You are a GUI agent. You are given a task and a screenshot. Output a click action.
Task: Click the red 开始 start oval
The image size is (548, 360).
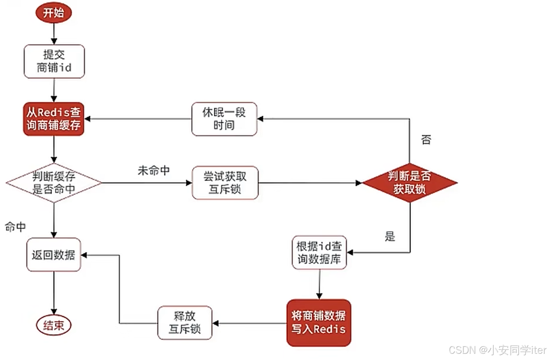[x=54, y=13]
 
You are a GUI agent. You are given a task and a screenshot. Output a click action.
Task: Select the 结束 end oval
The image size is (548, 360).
[x=54, y=325]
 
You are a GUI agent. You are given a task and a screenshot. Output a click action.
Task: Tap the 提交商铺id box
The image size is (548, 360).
[x=54, y=61]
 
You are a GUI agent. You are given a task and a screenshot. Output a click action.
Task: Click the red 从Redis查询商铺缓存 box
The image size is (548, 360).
[x=54, y=119]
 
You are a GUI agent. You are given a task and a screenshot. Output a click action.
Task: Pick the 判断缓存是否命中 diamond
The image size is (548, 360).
[x=54, y=183]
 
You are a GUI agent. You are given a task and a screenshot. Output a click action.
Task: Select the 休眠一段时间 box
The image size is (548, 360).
[x=224, y=119]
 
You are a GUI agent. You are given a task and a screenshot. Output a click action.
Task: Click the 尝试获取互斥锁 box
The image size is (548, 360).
[x=225, y=183]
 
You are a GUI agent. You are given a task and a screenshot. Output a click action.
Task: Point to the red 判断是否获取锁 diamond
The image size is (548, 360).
[x=409, y=183]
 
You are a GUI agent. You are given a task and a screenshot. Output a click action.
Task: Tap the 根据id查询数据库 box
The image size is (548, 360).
[x=319, y=252]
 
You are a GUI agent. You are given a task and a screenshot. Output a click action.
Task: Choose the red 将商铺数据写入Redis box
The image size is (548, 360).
[x=319, y=323]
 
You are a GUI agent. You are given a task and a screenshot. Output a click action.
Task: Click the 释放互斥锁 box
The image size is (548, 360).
[x=185, y=323]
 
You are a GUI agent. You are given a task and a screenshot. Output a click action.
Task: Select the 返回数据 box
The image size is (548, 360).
[x=54, y=255]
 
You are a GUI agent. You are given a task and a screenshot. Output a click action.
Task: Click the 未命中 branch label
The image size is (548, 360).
[x=154, y=170]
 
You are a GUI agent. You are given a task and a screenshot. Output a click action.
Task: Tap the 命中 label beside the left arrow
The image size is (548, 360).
[x=16, y=227]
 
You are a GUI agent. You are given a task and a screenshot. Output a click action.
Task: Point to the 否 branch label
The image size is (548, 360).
[x=426, y=140]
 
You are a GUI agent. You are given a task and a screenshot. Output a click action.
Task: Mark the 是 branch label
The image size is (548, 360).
[x=390, y=236]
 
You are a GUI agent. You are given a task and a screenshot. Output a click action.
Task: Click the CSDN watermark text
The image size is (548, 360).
[x=497, y=350]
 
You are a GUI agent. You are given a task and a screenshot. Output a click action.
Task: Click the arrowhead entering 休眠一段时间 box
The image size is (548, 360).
[x=260, y=119]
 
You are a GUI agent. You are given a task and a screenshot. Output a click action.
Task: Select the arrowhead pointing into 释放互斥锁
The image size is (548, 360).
[x=215, y=323]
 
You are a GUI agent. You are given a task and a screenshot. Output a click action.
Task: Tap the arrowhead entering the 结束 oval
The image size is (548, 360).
[x=54, y=311]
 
